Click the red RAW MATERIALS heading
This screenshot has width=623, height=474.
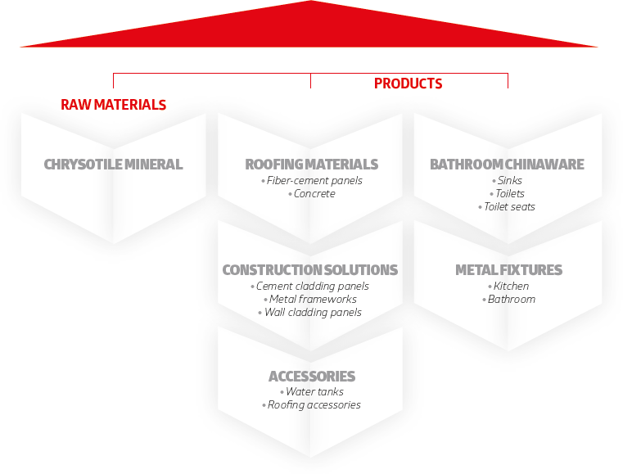[x=113, y=105]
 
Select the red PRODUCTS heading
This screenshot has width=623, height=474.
[x=408, y=84]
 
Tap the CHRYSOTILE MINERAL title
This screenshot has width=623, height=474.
[x=113, y=164]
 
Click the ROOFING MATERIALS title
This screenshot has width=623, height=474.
[x=311, y=164]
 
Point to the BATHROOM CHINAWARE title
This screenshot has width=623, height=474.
[x=507, y=164]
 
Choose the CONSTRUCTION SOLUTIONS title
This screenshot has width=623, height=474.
[x=310, y=270]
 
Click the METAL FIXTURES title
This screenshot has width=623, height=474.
[x=508, y=270]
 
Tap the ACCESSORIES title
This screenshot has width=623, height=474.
[x=312, y=376]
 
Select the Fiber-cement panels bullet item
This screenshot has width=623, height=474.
[x=312, y=181]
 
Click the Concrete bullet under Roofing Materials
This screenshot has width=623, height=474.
[x=312, y=194]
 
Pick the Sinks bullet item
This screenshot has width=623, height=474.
[x=507, y=181]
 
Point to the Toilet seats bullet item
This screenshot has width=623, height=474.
[x=507, y=207]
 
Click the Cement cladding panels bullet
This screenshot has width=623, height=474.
[x=310, y=287]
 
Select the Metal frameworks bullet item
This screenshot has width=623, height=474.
[x=310, y=299]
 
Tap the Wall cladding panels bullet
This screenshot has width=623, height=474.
[x=310, y=312]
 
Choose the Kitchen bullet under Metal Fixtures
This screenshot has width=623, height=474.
[x=508, y=286]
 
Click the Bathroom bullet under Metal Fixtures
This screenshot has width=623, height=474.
[x=509, y=299]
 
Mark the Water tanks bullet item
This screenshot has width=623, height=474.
[x=312, y=392]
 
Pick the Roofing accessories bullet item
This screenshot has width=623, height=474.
[x=311, y=405]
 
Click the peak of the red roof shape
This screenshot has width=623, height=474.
[x=311, y=1]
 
